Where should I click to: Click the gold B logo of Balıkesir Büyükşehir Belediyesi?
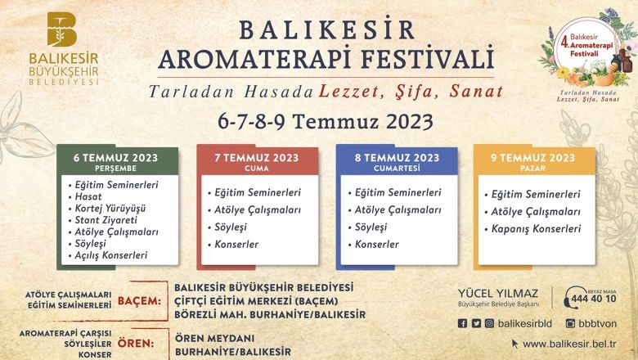[62, 29]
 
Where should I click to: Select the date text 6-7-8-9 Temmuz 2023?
[325, 121]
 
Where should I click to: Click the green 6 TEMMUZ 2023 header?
[116, 161]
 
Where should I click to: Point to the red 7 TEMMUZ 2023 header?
[257, 161]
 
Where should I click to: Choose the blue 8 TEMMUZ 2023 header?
[397, 161]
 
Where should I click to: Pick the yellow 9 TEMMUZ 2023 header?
[533, 161]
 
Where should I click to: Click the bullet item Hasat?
[88, 196]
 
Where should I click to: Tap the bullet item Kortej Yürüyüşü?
[110, 209]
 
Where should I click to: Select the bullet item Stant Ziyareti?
[106, 220]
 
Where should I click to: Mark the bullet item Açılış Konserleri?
[110, 255]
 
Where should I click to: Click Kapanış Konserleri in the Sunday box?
[536, 229]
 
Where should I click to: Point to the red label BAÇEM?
[140, 301]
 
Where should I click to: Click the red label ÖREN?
[136, 344]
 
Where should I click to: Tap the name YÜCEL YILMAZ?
[498, 293]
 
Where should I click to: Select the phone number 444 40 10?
[594, 299]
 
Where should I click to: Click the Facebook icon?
[462, 323]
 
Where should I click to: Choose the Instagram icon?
[489, 323]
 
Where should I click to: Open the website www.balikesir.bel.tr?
[569, 344]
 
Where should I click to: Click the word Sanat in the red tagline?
[477, 91]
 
